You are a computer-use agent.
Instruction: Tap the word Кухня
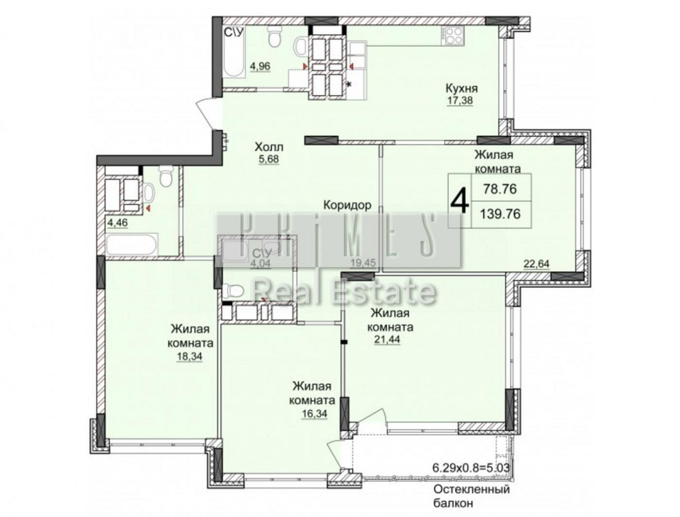coord(462,88)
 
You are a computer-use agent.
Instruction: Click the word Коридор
coord(347,204)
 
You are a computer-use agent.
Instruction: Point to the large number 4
coord(460,200)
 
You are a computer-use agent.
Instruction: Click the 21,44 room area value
coord(387,339)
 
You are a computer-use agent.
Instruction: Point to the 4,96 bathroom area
coord(260,67)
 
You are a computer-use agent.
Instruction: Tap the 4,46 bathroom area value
coord(118,224)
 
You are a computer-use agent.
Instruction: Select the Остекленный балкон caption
coord(471,496)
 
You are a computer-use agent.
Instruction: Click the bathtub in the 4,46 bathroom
coord(131,245)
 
